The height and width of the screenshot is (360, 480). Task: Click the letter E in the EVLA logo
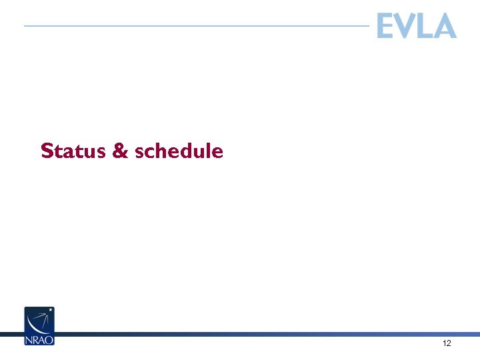386,27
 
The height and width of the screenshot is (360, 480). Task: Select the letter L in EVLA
425,27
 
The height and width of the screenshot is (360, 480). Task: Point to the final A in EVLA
445,27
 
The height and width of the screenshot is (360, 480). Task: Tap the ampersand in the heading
120,151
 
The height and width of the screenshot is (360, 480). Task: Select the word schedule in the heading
179,151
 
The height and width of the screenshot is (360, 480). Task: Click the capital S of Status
47,151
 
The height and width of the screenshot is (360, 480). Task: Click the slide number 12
447,343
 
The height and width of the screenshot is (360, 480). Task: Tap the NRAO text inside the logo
39,339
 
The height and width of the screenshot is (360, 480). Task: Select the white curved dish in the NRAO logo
37,321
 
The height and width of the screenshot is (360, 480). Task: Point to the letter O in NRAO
50,339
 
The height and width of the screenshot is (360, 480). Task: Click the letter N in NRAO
29,339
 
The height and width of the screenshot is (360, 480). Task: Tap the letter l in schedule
210,151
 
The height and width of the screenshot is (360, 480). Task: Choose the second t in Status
87,151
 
